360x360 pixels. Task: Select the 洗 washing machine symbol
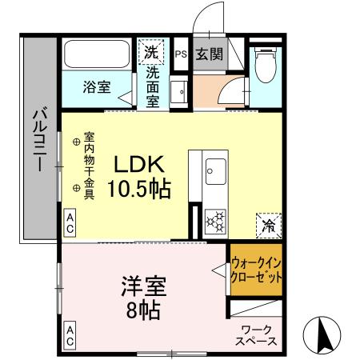pyautogui.click(x=152, y=53)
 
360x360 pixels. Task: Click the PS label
pyautogui.click(x=181, y=54)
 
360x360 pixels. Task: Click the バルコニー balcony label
pyautogui.click(x=38, y=139)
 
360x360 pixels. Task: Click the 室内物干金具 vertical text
pyautogui.click(x=90, y=165)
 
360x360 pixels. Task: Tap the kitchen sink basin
pyautogui.click(x=215, y=170)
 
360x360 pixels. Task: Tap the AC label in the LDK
pyautogui.click(x=70, y=222)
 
